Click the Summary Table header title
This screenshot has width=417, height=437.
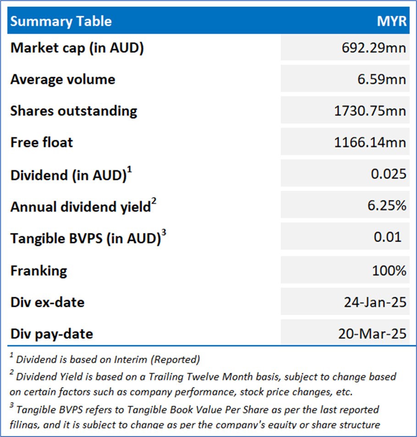pos(61,21)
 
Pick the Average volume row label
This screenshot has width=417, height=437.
pos(63,79)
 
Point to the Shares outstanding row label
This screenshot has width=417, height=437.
pos(74,111)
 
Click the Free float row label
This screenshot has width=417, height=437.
pos(42,142)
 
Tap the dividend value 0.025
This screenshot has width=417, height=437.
pos(389,174)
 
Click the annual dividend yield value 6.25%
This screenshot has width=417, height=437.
pos(386,205)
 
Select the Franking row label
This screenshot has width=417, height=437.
pos(38,271)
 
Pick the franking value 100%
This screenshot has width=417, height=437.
pos(389,271)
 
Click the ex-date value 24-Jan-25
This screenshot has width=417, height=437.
pos(374,302)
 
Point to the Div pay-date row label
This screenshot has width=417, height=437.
pos(52,334)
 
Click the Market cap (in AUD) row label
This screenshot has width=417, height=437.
pos(77,48)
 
